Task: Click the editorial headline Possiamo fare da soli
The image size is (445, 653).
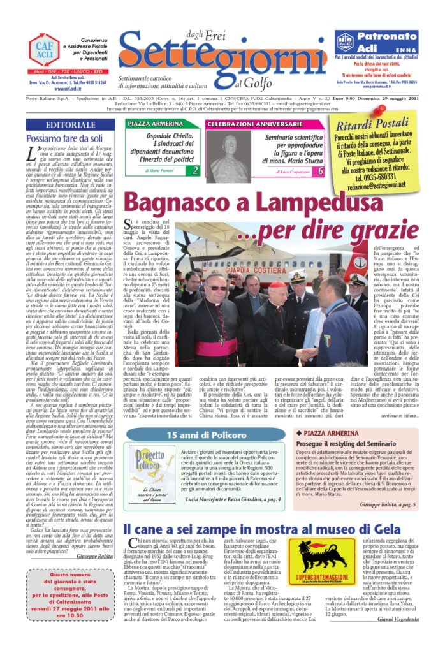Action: (64, 138)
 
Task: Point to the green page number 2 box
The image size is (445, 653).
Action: (196, 170)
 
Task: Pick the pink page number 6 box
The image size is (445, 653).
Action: (320, 171)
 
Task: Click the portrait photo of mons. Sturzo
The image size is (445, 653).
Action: (228, 152)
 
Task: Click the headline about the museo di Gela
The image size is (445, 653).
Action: (261, 529)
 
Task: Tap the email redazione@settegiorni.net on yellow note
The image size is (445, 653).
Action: (381, 183)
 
